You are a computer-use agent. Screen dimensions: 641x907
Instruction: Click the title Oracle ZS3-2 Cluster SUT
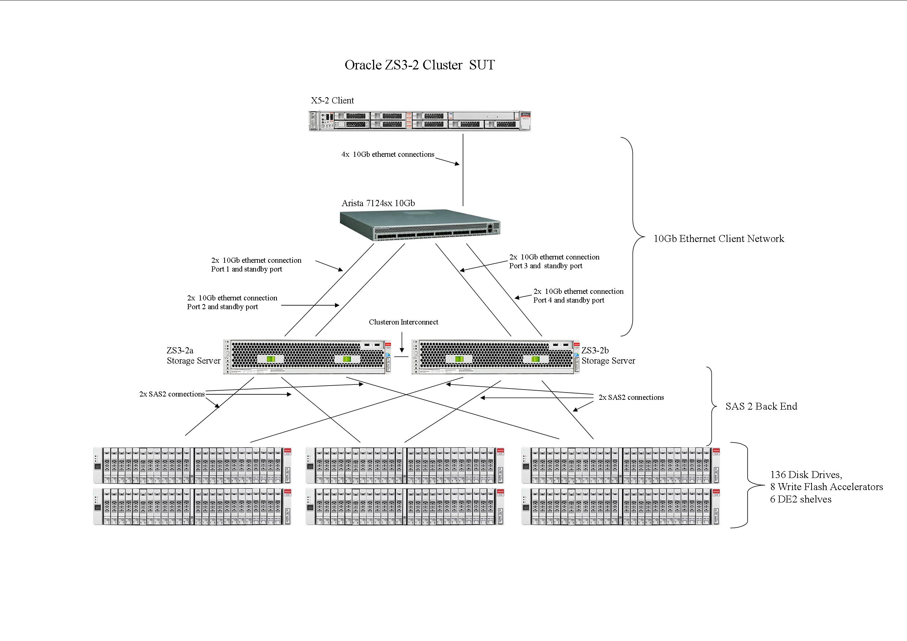coord(419,65)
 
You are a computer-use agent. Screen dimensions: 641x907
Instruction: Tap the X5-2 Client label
coord(332,100)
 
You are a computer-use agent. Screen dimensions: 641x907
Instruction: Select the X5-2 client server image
coord(419,120)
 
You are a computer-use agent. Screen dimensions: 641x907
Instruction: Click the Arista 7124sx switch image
coord(419,225)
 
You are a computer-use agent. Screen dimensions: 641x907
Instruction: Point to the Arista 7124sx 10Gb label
coord(378,203)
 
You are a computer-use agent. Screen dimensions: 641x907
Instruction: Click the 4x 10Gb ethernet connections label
coord(388,154)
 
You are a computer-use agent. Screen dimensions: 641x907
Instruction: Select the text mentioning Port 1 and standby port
coord(246,269)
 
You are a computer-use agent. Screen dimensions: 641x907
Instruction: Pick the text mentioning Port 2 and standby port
coord(222,307)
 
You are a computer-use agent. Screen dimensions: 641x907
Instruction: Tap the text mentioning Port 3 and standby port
coord(546,266)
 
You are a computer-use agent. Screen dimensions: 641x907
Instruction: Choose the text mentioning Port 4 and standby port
coord(568,300)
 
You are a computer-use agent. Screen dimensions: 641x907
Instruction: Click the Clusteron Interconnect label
coord(403,322)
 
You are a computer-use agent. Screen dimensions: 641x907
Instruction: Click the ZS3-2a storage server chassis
coord(307,357)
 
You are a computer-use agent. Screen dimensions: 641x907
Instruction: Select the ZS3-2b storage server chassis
coord(495,357)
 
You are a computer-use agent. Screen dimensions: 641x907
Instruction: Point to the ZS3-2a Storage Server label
coord(193,356)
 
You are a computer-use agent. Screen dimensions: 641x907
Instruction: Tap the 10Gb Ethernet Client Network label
coord(719,239)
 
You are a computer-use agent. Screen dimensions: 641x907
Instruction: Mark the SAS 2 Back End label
coord(761,406)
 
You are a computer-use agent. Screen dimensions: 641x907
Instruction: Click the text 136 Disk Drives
coord(806,475)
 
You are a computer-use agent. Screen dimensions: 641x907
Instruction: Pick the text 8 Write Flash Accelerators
coord(827,487)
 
